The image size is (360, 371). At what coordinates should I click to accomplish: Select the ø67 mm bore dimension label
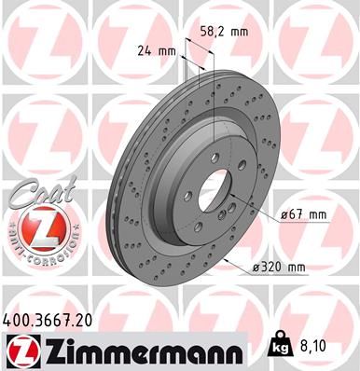[304, 216]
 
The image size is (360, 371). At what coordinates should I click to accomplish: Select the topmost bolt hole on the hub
[214, 158]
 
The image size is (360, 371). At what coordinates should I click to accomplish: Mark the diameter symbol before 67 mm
[284, 216]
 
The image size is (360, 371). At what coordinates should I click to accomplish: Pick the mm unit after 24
[168, 52]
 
